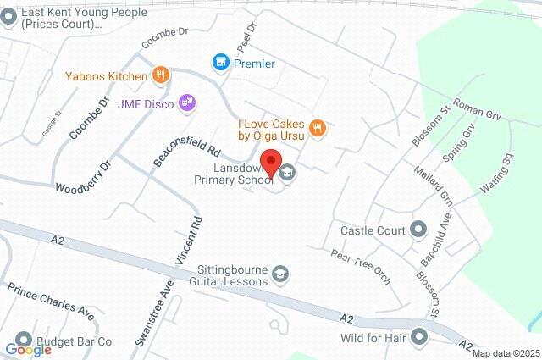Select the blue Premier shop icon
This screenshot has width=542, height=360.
(220, 63)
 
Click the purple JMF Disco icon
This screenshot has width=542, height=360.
(187, 103)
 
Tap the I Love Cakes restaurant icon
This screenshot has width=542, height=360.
(318, 129)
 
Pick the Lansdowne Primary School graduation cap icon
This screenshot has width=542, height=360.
(288, 173)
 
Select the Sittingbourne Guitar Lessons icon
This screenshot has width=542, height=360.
(281, 274)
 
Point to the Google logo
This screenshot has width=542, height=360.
(28, 350)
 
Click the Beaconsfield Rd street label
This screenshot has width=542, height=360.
(186, 149)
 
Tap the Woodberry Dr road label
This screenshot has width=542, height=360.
(83, 175)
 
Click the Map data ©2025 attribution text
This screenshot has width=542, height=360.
(506, 353)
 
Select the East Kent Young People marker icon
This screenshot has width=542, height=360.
(9, 18)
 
